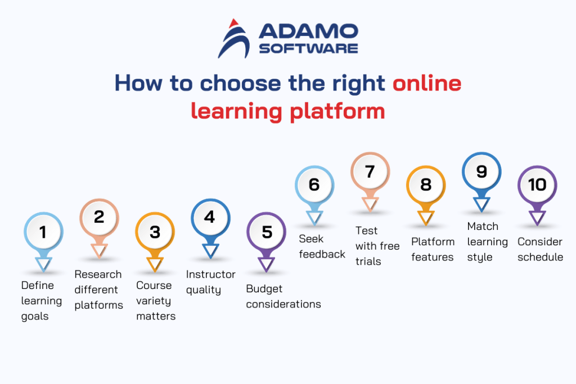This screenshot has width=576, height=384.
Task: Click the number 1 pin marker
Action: coord(43,232)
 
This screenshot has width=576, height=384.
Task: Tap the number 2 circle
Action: coord(99,217)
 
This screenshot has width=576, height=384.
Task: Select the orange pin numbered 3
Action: coord(155,232)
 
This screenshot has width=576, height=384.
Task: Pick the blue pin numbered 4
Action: coord(210,217)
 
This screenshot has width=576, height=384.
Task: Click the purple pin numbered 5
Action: coord(267,232)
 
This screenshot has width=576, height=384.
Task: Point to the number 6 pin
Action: coord(314,185)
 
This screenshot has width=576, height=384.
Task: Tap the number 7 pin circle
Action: coord(370,171)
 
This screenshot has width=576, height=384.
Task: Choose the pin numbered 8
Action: coord(426,185)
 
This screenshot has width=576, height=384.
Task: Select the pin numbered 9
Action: coord(481,171)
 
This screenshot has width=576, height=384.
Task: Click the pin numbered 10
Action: coord(537,185)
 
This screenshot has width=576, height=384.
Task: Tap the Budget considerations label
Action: coord(283,296)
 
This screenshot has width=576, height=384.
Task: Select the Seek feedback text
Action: coord(322,246)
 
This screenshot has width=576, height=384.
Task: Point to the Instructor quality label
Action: coord(210,282)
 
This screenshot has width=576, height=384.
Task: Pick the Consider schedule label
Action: coord(540,249)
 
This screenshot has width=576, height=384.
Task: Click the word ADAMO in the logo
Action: coord(308,32)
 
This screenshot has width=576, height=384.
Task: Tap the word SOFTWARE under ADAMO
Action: coord(308,48)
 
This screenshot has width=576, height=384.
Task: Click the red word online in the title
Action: coord(427,83)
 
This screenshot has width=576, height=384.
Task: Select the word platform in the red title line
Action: coord(337,110)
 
